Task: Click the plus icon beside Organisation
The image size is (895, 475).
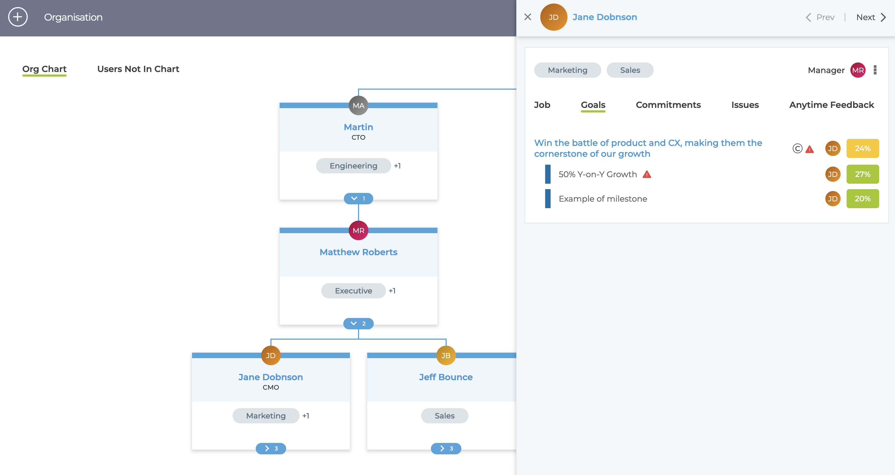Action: click(18, 17)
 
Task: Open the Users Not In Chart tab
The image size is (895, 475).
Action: click(138, 69)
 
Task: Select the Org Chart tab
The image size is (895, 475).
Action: click(44, 69)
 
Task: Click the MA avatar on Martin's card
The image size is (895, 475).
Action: click(358, 105)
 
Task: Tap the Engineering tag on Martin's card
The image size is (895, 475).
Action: click(353, 166)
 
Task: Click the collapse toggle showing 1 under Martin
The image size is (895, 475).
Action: click(358, 198)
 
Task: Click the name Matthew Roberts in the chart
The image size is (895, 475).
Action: click(358, 252)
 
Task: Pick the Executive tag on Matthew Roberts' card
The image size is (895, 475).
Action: click(353, 291)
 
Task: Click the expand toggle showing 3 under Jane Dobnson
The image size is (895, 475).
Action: click(271, 448)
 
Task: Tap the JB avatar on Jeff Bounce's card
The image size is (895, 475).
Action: click(446, 355)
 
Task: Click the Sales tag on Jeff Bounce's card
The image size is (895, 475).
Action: click(445, 416)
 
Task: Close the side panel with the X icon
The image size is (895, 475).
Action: click(527, 17)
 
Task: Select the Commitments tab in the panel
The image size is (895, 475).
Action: click(668, 105)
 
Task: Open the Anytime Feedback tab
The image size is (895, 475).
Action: click(831, 105)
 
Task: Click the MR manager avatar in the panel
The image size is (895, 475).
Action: click(858, 70)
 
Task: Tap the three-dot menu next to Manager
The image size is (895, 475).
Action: click(875, 70)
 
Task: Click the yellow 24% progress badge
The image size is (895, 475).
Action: click(863, 148)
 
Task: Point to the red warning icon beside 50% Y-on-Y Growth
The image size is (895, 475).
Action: click(647, 174)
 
